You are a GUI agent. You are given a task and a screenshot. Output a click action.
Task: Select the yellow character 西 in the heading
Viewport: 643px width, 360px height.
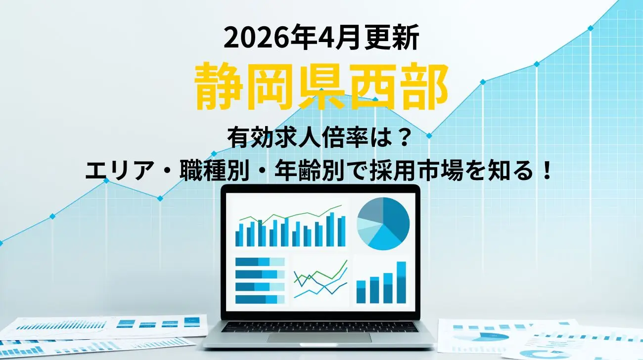click(373, 88)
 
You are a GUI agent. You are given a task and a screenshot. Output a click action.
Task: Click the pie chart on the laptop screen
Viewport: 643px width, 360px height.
click(383, 224)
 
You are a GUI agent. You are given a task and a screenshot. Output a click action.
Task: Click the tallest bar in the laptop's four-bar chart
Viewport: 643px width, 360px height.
click(401, 282)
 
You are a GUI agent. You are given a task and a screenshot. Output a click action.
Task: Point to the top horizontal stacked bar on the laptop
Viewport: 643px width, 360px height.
click(260, 262)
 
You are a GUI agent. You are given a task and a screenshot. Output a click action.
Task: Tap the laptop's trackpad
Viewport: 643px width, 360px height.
click(319, 338)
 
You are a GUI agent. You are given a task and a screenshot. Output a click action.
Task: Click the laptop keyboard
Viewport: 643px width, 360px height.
click(319, 326)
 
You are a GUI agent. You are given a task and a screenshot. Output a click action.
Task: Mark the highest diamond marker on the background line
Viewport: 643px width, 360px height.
click(591, 28)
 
